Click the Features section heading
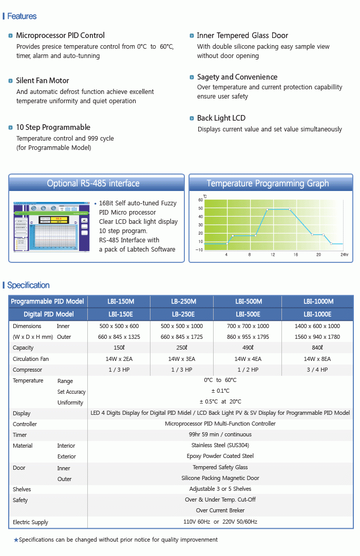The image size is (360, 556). pyautogui.click(x=22, y=16)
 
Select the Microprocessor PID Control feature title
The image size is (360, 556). pyautogui.click(x=60, y=35)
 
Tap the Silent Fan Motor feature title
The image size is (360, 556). pyautogui.click(x=42, y=81)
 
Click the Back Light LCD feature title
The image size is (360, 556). pyautogui.click(x=221, y=118)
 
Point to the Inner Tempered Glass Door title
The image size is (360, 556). pyautogui.click(x=242, y=35)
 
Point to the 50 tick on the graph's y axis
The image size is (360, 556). pyautogui.click(x=200, y=208)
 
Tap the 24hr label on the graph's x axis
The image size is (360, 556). pyautogui.click(x=344, y=255)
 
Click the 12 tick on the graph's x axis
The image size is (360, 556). pyautogui.click(x=273, y=255)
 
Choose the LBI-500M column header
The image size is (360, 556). pyautogui.click(x=249, y=301)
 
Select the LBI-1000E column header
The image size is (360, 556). pyautogui.click(x=317, y=314)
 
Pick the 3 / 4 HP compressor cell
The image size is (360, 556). pyautogui.click(x=317, y=370)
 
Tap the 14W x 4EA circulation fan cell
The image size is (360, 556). pyautogui.click(x=248, y=359)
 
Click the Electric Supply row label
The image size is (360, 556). pyautogui.click(x=30, y=522)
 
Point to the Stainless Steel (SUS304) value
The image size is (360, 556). pyautogui.click(x=220, y=446)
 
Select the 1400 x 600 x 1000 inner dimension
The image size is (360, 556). pyautogui.click(x=317, y=326)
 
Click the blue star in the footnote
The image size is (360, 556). pyautogui.click(x=16, y=540)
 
